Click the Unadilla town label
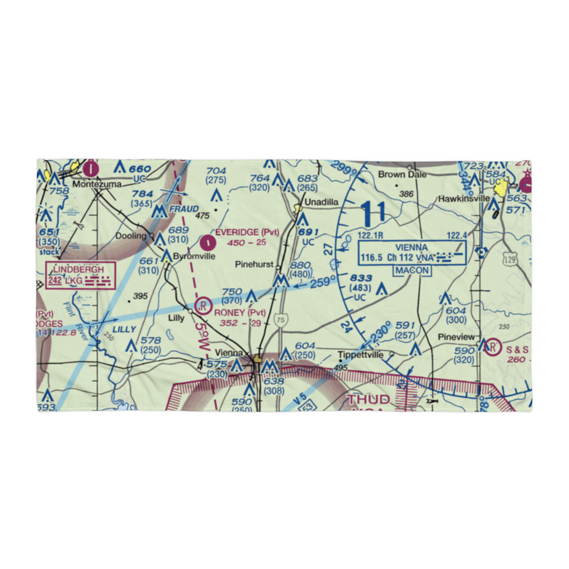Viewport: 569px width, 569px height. point(321,202)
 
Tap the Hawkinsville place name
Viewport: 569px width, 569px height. point(464,199)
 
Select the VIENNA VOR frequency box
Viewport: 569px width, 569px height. point(412,253)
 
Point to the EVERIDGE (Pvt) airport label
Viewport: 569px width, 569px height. point(247,232)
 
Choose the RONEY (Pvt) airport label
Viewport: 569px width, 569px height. point(240,312)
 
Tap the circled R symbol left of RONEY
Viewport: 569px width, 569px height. point(203,306)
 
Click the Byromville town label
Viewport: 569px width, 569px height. point(194,256)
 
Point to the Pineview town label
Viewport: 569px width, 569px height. point(456,337)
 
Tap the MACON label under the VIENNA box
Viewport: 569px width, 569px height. point(412,270)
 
